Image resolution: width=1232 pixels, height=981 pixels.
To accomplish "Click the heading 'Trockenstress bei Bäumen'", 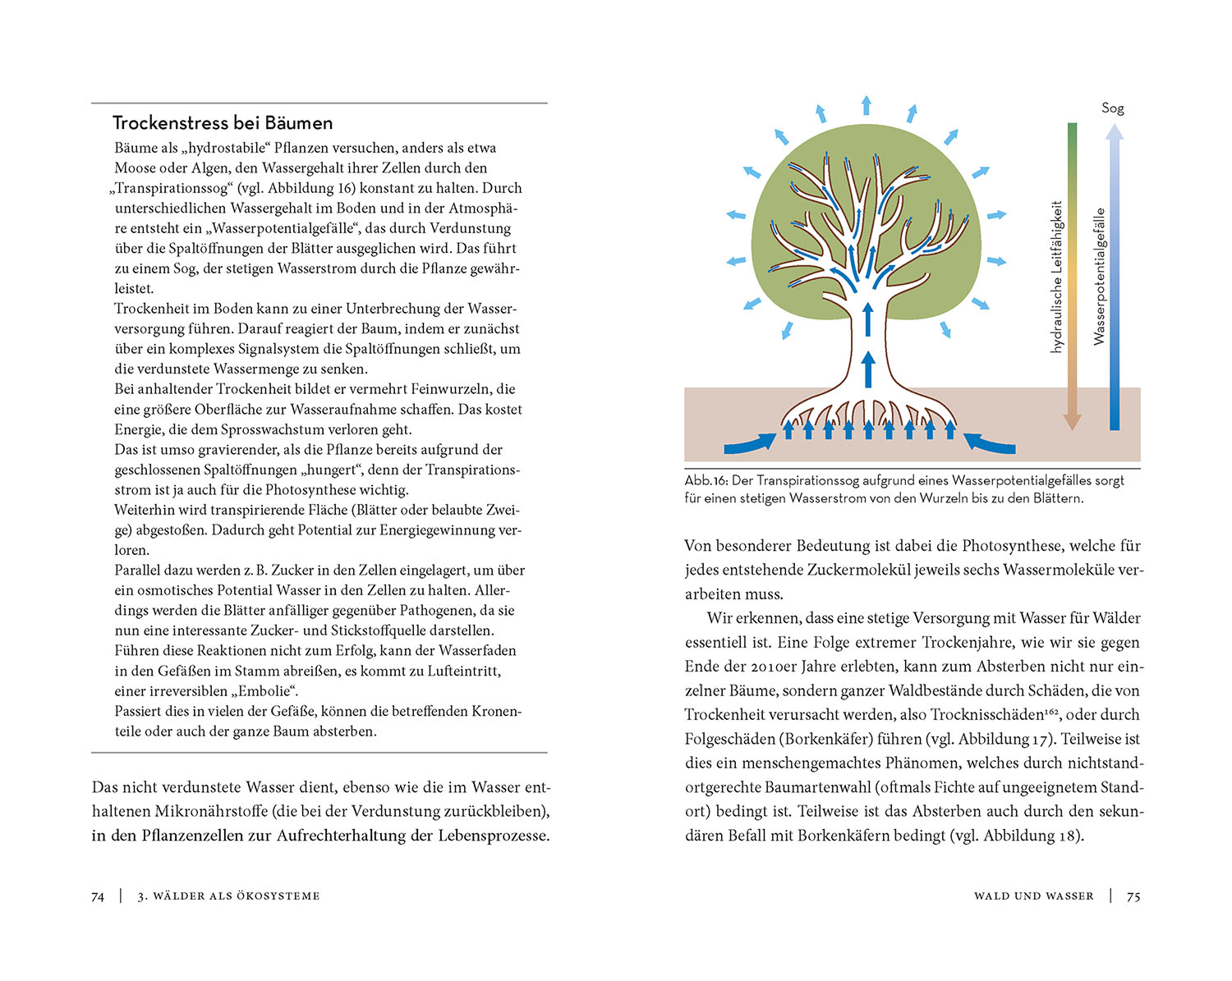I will coord(223,123).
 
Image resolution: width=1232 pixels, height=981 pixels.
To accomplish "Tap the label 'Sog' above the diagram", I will coord(1112,108).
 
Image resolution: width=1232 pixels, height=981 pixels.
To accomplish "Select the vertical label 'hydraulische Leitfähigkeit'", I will coord(1057,277).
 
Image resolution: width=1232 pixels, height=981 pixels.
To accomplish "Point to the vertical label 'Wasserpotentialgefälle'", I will coord(1099,277).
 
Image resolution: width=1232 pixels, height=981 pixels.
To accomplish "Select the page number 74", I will coord(98,896).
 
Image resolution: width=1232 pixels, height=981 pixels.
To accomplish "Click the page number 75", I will coord(1133,896).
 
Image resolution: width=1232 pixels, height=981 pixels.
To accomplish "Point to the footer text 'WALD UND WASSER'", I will coord(1033,896).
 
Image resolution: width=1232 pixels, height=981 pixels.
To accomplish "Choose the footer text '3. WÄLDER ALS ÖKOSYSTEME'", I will coord(228,896).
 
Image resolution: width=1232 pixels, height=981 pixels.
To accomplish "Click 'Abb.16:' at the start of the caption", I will coord(706,481).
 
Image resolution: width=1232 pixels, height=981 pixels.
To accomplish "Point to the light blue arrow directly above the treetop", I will coord(866,105).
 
